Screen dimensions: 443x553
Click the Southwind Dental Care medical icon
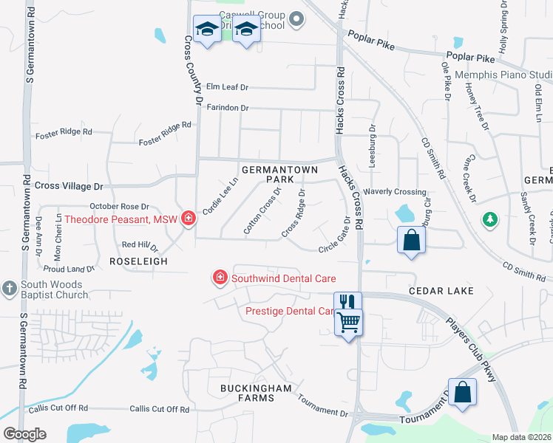coord(220,278)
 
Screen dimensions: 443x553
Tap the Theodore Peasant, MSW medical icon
coord(189,219)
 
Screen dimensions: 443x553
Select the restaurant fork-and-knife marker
coord(347,302)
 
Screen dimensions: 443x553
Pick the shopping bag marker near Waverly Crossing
coord(411,240)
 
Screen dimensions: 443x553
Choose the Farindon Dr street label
coord(227,108)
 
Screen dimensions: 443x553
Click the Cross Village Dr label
coord(69,187)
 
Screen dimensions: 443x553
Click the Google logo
coord(24,434)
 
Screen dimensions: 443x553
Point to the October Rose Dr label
coord(119,207)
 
